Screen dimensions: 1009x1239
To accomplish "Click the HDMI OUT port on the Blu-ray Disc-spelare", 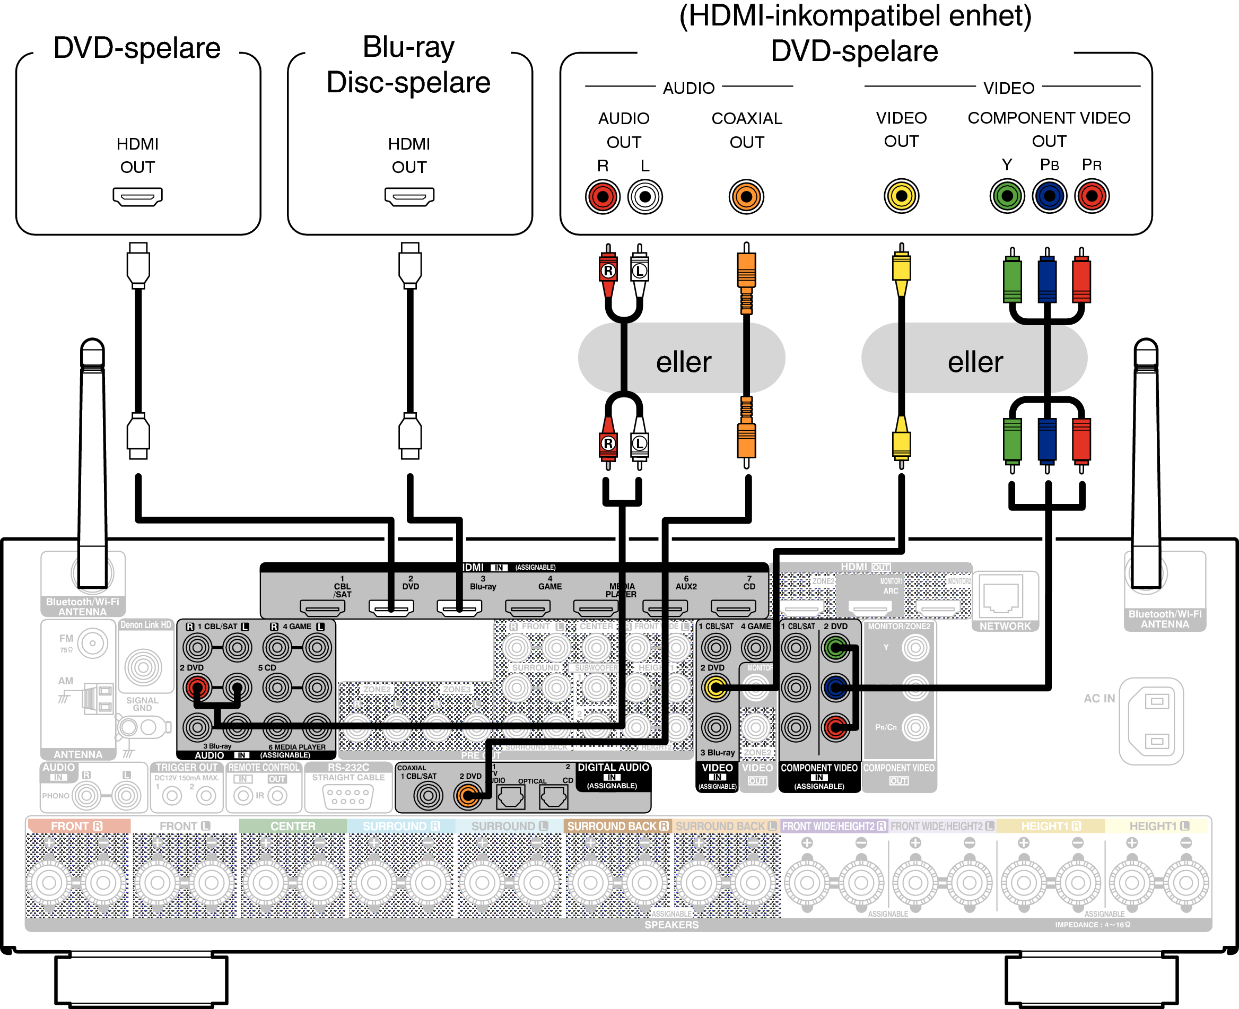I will coord(409,196).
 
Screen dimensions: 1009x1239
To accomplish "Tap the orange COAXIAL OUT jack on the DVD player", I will coord(746,196).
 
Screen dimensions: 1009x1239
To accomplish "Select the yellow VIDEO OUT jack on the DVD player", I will coord(901,196).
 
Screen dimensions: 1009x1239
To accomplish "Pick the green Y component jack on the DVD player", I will coord(1007,196).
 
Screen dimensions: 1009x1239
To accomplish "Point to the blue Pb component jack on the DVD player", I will coord(1049,196).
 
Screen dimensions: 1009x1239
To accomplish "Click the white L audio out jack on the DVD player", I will coord(645,196).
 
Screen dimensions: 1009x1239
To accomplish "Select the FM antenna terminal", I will coord(92,643).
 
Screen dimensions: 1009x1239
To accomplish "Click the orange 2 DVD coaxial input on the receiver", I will coord(468,796).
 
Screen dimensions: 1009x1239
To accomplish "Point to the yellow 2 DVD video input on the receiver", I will coord(716,688).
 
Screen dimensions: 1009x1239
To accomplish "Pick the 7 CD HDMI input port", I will coord(734,608).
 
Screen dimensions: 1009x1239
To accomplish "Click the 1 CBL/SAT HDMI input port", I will coord(322,608).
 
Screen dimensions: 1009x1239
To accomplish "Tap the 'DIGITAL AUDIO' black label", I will coord(613,768).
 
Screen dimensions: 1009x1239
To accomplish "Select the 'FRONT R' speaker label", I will coord(77,826).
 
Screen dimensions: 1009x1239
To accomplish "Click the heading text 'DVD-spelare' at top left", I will coord(137,48).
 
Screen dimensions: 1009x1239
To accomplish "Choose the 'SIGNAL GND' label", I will coord(142,704).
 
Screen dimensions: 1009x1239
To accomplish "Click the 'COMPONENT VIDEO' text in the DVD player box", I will coord(1049,118).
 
